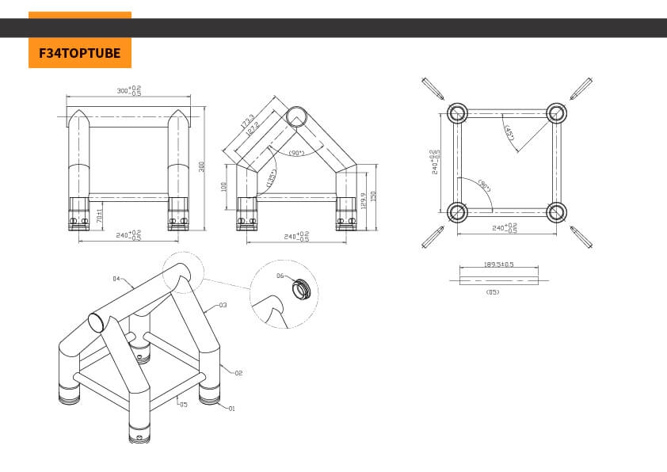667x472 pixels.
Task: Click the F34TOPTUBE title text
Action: pos(79,53)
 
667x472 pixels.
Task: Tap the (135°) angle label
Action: pos(271,181)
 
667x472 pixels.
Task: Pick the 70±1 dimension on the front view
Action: pos(98,215)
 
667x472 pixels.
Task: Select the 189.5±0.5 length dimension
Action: pos(499,265)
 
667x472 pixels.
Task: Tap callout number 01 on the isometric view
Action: pos(232,409)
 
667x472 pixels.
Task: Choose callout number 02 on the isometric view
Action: pos(237,371)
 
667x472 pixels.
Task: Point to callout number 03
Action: pos(223,305)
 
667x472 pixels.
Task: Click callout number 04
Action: pos(116,278)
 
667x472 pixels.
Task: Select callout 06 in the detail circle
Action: pos(280,276)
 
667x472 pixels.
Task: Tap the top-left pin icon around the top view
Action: pos(433,87)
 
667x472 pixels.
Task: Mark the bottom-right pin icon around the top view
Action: pos(581,237)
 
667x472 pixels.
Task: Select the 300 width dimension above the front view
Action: pos(128,91)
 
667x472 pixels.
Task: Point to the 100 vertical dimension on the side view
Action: pos(225,187)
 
